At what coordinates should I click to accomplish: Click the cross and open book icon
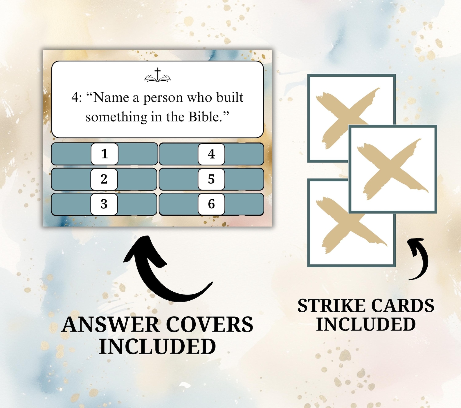(x=157, y=75)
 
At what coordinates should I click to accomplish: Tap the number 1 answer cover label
(x=105, y=154)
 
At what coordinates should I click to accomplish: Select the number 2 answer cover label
(x=104, y=179)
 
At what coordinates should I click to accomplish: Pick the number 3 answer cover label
(x=104, y=204)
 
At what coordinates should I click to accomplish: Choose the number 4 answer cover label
(x=211, y=154)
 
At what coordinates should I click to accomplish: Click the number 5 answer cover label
(x=211, y=179)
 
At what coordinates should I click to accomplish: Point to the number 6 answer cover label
(x=211, y=204)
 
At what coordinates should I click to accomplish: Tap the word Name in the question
(x=111, y=98)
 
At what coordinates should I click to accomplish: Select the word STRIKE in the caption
(x=331, y=306)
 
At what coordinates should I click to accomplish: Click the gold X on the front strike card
(x=392, y=169)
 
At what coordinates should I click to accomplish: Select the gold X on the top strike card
(x=345, y=116)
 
